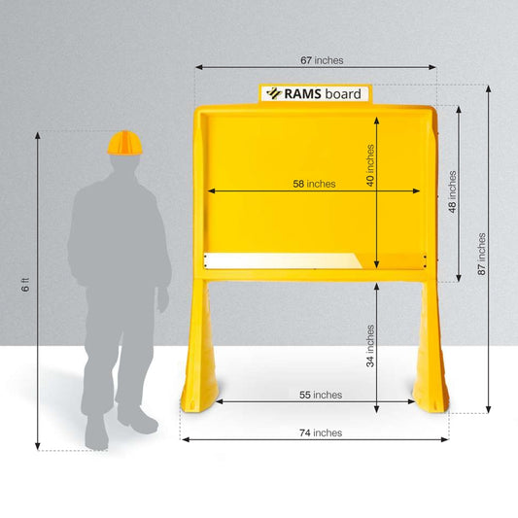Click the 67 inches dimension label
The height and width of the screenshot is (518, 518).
pyautogui.click(x=322, y=60)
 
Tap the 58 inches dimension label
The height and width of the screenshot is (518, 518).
pyautogui.click(x=314, y=184)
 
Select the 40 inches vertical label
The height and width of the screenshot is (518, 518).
pyautogui.click(x=370, y=165)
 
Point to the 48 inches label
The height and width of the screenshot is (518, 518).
pyautogui.click(x=452, y=191)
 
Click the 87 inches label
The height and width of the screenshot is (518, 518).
pyautogui.click(x=482, y=254)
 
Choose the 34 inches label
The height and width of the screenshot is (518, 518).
pyautogui.click(x=370, y=346)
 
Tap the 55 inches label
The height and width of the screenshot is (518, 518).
pyautogui.click(x=321, y=395)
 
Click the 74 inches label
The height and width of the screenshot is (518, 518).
pyautogui.click(x=321, y=432)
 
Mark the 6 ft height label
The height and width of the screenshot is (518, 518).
pyautogui.click(x=25, y=285)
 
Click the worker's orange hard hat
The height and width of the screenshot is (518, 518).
pyautogui.click(x=124, y=143)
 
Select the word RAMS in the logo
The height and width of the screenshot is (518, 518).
pyautogui.click(x=302, y=94)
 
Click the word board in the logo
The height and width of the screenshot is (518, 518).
pyautogui.click(x=343, y=94)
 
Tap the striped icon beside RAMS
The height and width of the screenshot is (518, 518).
pyautogui.click(x=274, y=93)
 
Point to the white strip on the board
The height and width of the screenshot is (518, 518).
pyautogui.click(x=283, y=260)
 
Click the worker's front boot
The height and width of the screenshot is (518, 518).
pyautogui.click(x=138, y=420)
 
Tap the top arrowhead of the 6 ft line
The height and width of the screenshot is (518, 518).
pyautogui.click(x=38, y=135)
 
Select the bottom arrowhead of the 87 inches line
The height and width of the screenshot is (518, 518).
pyautogui.click(x=488, y=409)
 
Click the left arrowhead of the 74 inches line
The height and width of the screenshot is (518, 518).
pyautogui.click(x=186, y=439)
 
